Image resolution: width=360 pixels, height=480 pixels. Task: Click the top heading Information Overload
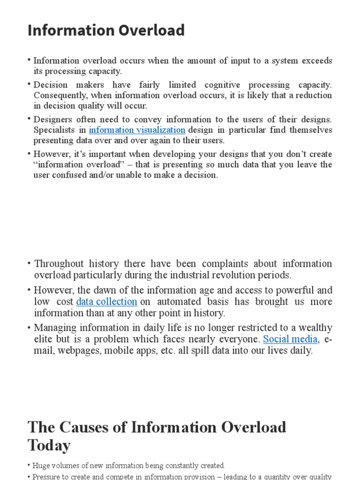coord(106,30)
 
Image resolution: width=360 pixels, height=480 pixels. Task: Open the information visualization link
coord(137,130)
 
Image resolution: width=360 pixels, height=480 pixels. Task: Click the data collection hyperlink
coord(106,302)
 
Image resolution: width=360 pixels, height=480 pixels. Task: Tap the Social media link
coord(290,339)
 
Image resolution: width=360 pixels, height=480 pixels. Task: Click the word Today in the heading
coord(49,445)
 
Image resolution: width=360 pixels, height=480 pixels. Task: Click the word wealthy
coord(314,328)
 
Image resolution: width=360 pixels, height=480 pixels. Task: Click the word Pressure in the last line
coord(47,477)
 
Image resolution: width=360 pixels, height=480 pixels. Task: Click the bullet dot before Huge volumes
coord(29,465)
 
